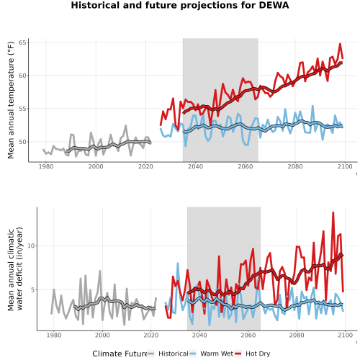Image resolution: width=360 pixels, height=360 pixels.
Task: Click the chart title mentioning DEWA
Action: (180, 5)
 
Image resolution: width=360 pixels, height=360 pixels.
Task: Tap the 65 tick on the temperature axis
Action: (24, 42)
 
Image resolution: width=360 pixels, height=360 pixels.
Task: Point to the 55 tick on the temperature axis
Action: (24, 109)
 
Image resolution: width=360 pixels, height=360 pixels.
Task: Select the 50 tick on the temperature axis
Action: (24, 142)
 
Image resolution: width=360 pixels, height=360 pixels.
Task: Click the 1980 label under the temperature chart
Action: (46, 166)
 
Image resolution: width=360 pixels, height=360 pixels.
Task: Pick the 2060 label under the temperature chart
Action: (246, 166)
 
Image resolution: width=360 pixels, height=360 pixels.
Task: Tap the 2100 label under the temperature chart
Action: (345, 166)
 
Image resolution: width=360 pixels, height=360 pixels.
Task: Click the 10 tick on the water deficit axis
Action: (31, 246)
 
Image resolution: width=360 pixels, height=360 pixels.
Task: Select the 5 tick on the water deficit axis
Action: (33, 290)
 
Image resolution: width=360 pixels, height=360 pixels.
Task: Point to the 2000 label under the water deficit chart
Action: (102, 335)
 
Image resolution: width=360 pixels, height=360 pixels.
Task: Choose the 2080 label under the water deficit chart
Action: (297, 335)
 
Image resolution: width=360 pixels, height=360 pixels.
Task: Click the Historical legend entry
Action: (168, 354)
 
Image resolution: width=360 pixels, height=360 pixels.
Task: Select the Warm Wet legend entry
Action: (212, 354)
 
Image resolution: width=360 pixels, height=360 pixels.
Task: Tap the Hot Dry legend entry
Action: (253, 354)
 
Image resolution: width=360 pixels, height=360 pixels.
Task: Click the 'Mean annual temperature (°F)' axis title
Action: (11, 100)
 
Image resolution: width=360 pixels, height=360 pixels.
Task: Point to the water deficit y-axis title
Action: (15, 269)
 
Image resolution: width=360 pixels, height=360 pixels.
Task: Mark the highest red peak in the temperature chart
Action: (340, 44)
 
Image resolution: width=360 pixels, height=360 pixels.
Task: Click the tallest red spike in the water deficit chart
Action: (333, 212)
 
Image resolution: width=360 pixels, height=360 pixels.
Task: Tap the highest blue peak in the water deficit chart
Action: (178, 264)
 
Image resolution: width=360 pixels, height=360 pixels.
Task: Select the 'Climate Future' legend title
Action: (120, 354)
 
